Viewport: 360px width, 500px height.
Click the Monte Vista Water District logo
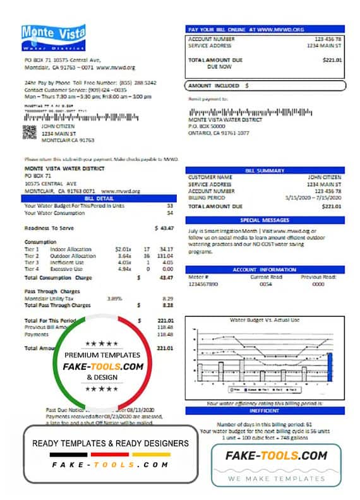pos(54,38)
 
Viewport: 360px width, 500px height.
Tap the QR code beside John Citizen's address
pos(30,131)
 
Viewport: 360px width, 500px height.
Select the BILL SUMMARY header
pos(265,170)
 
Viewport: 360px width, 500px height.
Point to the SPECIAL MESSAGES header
pos(265,220)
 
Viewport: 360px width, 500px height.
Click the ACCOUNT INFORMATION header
pos(265,269)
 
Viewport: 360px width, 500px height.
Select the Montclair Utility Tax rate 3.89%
pos(114,297)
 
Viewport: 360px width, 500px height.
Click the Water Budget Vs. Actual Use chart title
pos(265,321)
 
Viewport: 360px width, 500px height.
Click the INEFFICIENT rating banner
pos(265,410)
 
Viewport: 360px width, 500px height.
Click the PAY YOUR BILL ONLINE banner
pos(265,29)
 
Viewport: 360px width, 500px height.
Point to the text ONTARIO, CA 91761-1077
pos(219,133)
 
